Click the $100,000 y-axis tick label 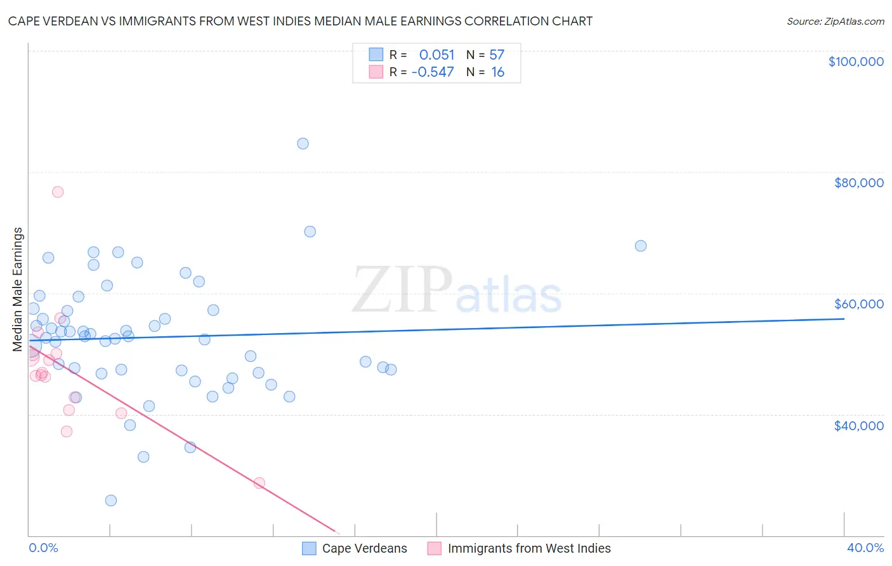pos(856,62)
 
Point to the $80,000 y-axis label pos(858,183)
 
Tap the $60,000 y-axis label pos(858,304)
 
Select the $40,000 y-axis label pos(858,425)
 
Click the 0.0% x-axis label pos(44,548)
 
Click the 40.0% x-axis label pos(865,548)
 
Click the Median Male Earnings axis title pos(18,289)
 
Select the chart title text pos(300,21)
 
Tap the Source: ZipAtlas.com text pos(835,21)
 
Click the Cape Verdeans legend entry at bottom pos(364,548)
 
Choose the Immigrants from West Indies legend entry pos(528,548)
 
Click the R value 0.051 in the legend pos(436,55)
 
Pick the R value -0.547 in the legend pos(433,72)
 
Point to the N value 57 pos(497,55)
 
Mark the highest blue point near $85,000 pos(303,143)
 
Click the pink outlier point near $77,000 pos(58,192)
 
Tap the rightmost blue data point pos(641,246)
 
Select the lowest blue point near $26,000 pos(111,500)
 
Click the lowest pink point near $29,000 pos(259,483)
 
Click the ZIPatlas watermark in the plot pos(457,291)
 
